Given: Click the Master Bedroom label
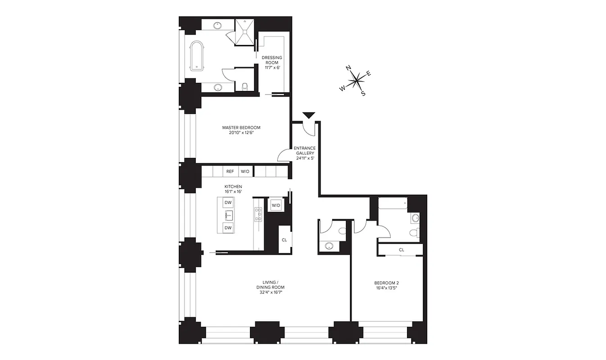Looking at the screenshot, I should (x=241, y=130).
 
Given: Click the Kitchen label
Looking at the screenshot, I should (x=233, y=189).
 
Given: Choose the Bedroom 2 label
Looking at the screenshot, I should (x=387, y=286).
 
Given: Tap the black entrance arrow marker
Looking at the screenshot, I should (x=309, y=116).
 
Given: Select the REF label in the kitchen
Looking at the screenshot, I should (x=230, y=171).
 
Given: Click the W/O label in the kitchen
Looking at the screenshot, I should (x=245, y=171).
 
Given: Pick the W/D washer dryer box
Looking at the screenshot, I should (x=275, y=206).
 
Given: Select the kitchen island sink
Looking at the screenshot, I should (x=228, y=215).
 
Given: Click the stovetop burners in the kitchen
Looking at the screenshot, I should (x=258, y=214).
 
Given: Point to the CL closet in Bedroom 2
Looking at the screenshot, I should (x=401, y=250).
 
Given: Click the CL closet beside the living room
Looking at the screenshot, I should (x=284, y=240).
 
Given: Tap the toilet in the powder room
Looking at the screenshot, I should (x=342, y=231).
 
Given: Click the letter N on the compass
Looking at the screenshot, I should (x=348, y=68).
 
